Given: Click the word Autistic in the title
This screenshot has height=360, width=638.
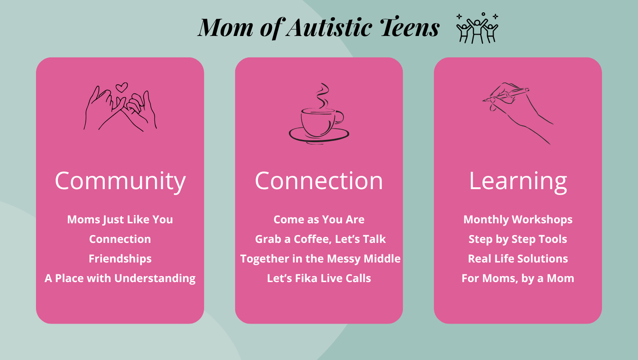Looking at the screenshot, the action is [329, 28].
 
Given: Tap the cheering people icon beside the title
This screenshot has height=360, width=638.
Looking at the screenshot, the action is [478, 28].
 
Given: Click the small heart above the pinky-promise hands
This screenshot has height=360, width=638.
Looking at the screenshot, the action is [122, 87].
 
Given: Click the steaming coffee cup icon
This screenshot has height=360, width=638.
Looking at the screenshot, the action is [319, 114].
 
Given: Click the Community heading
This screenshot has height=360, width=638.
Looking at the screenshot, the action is [120, 181].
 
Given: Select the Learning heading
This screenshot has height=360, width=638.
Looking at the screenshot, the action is [518, 181].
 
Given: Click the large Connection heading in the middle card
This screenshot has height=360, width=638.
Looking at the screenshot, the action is [319, 181].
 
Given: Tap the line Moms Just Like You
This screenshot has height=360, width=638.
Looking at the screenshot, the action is [120, 220].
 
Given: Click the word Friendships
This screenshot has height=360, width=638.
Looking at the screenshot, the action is [120, 259].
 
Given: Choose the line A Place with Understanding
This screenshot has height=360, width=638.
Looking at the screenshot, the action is [120, 278].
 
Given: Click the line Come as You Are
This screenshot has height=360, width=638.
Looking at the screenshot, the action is [319, 220].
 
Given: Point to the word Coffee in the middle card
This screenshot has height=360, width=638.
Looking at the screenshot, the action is [313, 239].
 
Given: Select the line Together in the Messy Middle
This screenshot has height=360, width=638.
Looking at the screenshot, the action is [320, 259].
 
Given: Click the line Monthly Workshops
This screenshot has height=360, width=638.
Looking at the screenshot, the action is [518, 220].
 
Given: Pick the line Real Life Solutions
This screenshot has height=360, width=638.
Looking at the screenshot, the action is [518, 259].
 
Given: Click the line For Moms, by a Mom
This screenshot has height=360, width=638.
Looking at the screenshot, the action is [518, 278].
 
